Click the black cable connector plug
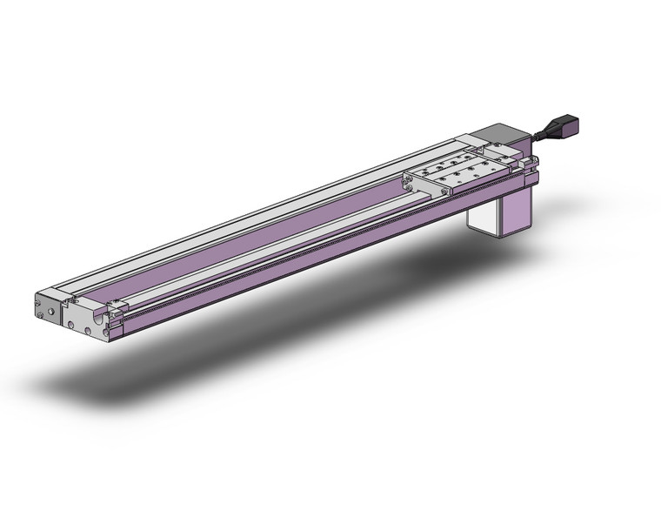point(567,131)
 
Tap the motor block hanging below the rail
point(503,212)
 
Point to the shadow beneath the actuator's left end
point(96,383)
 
